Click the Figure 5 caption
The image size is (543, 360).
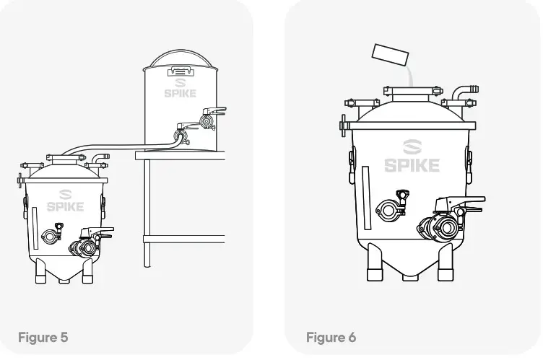(43, 337)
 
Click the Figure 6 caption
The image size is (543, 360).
(331, 337)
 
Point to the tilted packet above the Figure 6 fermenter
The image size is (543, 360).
(391, 53)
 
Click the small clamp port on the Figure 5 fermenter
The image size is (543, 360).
(50, 235)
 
